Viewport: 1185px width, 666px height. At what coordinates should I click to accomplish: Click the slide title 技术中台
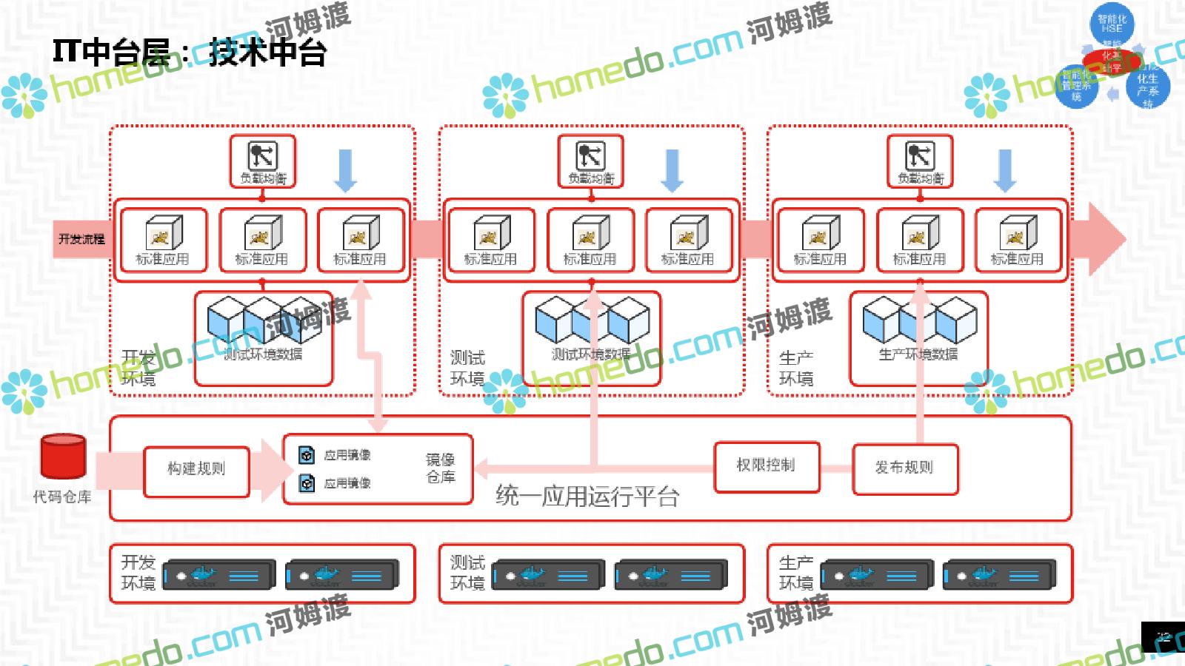coord(267,53)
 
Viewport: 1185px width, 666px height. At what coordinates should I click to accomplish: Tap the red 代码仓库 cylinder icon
coord(63,457)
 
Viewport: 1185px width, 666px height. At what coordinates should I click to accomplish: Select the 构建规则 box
coord(196,471)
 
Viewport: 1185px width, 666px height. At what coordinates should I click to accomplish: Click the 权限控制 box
coord(767,466)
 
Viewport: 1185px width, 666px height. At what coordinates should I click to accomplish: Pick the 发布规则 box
coord(905,468)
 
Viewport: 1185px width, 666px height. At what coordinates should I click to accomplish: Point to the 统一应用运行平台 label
coord(587,496)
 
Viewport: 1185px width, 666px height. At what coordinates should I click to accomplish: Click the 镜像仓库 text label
coord(440,468)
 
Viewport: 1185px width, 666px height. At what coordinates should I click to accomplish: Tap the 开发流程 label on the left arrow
coord(81,239)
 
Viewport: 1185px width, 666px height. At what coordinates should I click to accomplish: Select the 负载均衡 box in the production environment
coord(920,161)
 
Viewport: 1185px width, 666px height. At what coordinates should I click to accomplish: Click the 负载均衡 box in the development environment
coord(262,161)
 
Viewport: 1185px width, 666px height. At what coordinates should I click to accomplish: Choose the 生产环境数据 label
coord(918,354)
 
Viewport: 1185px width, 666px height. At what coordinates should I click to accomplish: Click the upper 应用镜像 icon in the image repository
coord(307,455)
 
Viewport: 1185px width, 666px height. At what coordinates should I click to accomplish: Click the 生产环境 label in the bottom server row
coord(796,573)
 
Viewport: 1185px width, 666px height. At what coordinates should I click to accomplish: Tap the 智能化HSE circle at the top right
coord(1112,24)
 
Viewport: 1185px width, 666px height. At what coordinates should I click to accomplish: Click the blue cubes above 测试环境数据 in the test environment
coord(592,319)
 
